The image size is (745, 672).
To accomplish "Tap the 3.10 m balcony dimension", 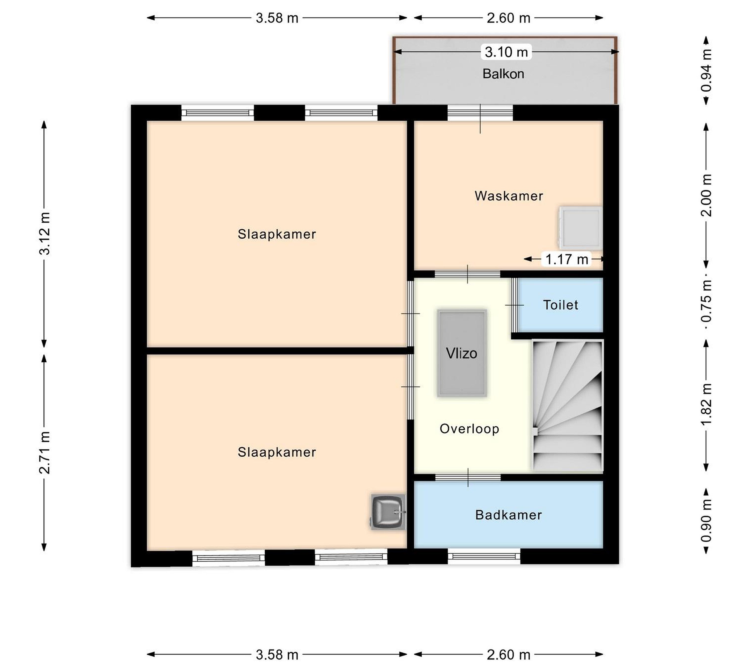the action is click(x=506, y=52).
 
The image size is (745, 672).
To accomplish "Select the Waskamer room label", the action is click(x=509, y=196).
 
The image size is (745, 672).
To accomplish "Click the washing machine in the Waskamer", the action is click(x=581, y=227).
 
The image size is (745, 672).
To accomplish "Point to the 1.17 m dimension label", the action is click(x=567, y=259).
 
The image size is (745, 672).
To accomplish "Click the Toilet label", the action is click(x=561, y=305).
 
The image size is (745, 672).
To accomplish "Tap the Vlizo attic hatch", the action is click(x=461, y=353).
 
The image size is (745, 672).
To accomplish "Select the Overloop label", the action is click(x=469, y=429).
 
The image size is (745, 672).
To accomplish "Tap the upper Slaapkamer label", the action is click(x=277, y=234).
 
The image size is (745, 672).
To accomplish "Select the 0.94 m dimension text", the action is click(x=706, y=70).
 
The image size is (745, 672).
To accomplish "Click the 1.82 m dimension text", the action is click(x=706, y=404).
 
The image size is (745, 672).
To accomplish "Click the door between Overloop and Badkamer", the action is click(x=468, y=477).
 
